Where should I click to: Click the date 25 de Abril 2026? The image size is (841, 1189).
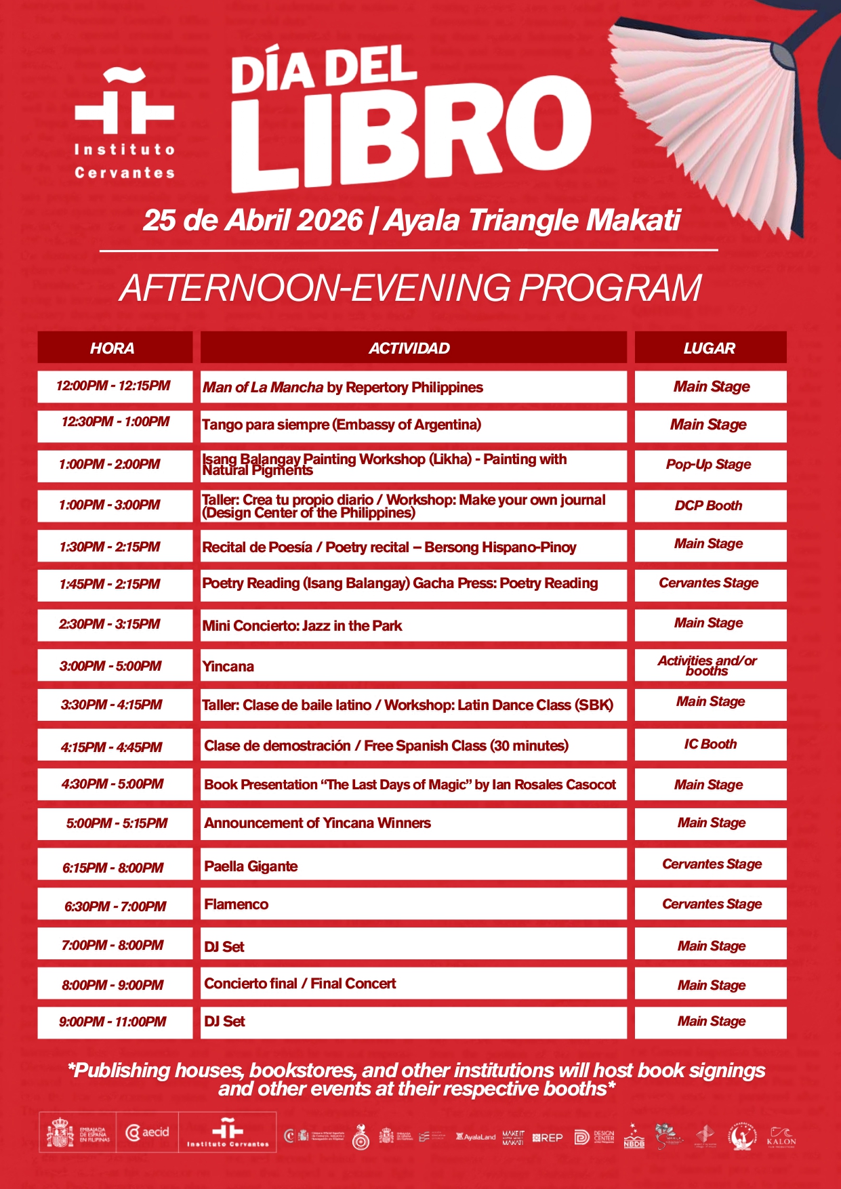click(x=253, y=220)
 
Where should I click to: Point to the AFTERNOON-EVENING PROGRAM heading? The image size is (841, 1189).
click(x=411, y=288)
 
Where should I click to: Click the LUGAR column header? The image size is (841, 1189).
click(x=710, y=348)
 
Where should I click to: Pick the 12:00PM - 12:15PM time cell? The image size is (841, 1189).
click(x=115, y=386)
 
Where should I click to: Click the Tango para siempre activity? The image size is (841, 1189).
click(x=342, y=425)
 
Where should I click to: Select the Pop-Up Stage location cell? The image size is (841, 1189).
click(x=710, y=465)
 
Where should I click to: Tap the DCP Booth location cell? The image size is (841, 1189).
click(x=709, y=505)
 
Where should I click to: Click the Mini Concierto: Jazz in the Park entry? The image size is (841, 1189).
click(x=302, y=626)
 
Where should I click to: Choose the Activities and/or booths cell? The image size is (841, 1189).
click(x=708, y=665)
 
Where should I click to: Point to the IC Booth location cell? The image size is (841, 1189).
click(x=710, y=744)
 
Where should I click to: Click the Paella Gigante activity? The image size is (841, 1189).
click(x=251, y=867)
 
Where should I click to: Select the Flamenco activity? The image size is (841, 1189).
click(x=237, y=904)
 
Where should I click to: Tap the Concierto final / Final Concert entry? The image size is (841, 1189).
click(x=300, y=984)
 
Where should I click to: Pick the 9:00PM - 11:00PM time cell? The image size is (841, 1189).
click(x=113, y=1022)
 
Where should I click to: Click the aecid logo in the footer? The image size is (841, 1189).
click(x=148, y=1132)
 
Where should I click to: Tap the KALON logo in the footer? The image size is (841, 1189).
click(x=781, y=1136)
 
